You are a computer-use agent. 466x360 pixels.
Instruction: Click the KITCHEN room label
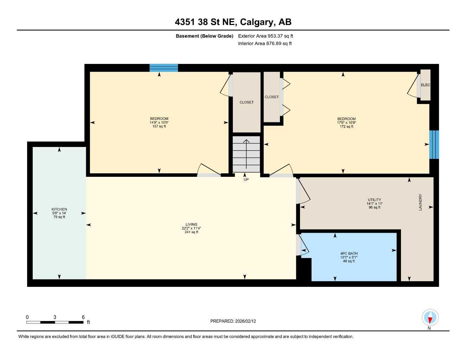(x=59, y=210)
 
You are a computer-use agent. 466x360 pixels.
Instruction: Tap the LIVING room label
(x=191, y=225)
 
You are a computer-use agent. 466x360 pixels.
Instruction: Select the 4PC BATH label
(x=349, y=253)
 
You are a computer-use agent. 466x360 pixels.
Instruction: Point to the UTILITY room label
(x=374, y=200)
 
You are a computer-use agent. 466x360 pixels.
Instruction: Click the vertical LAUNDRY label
(x=420, y=202)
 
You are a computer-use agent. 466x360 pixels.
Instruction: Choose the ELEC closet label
(x=425, y=85)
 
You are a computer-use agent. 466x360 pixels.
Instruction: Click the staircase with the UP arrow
(x=246, y=154)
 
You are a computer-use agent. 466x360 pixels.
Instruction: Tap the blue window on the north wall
(x=164, y=68)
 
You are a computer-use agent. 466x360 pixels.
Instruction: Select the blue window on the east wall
(x=434, y=144)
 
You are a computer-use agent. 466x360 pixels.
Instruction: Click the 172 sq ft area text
(x=346, y=127)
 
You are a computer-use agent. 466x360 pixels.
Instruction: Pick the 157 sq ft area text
(x=159, y=127)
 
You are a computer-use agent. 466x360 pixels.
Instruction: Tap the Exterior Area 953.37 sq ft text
(x=266, y=36)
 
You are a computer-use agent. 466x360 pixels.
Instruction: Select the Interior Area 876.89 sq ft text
(x=265, y=44)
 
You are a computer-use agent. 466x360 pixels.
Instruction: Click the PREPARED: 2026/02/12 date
(x=233, y=321)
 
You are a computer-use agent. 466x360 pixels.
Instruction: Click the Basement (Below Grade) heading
(x=204, y=36)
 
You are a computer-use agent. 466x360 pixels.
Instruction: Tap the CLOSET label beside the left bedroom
(x=247, y=102)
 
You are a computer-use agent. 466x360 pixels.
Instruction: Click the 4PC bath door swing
(x=304, y=245)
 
